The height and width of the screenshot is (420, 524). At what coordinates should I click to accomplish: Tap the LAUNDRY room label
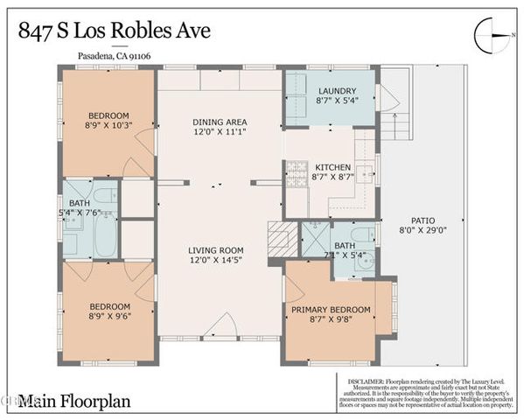tap(332, 90)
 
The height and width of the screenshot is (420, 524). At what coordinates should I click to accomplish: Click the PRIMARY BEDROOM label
tap(331, 310)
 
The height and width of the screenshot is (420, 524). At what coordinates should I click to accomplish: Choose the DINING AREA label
tap(220, 122)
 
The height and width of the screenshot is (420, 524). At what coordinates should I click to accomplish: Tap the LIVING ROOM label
tap(220, 248)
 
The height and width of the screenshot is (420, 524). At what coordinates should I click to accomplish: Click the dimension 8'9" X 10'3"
tap(108, 126)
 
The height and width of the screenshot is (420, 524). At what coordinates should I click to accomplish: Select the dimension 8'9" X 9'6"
tap(108, 318)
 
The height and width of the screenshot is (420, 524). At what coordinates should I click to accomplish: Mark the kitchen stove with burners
tap(297, 169)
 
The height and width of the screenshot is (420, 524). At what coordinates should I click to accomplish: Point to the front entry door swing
tap(220, 329)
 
